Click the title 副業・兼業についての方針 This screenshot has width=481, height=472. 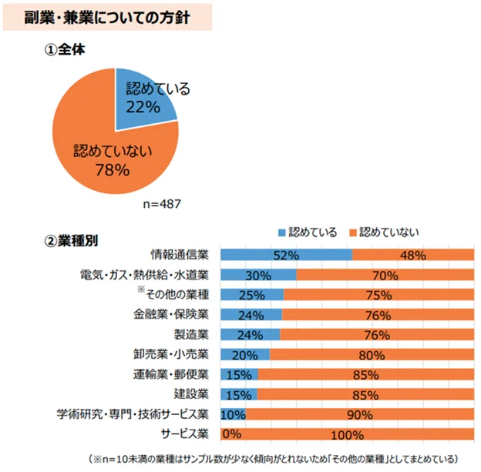pyautogui.click(x=107, y=17)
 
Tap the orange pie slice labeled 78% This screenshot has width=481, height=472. pyautogui.click(x=100, y=154)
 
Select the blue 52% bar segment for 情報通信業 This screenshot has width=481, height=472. pyautogui.click(x=286, y=255)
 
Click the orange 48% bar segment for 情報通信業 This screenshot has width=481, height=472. pyautogui.click(x=412, y=255)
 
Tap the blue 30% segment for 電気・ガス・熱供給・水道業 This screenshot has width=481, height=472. pyautogui.click(x=258, y=275)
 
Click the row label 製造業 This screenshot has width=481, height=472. pyautogui.click(x=191, y=334)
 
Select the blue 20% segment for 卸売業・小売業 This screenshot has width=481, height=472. pyautogui.click(x=245, y=354)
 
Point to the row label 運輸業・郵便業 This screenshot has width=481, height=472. pyautogui.click(x=171, y=374)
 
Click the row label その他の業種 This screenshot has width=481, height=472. pyautogui.click(x=177, y=294)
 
